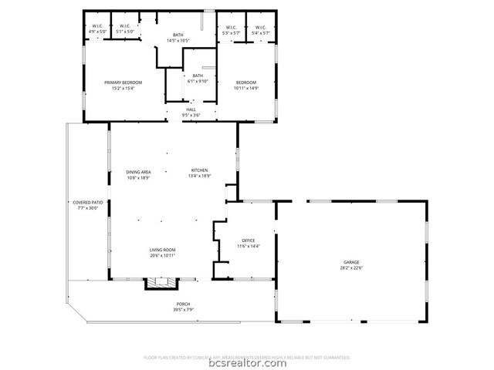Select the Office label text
(248, 240)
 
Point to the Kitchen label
(199, 170)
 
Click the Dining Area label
(138, 171)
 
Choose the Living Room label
(162, 250)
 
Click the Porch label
(183, 304)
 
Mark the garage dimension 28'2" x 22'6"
(352, 267)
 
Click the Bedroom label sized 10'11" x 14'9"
(245, 86)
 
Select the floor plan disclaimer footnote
(247, 357)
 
